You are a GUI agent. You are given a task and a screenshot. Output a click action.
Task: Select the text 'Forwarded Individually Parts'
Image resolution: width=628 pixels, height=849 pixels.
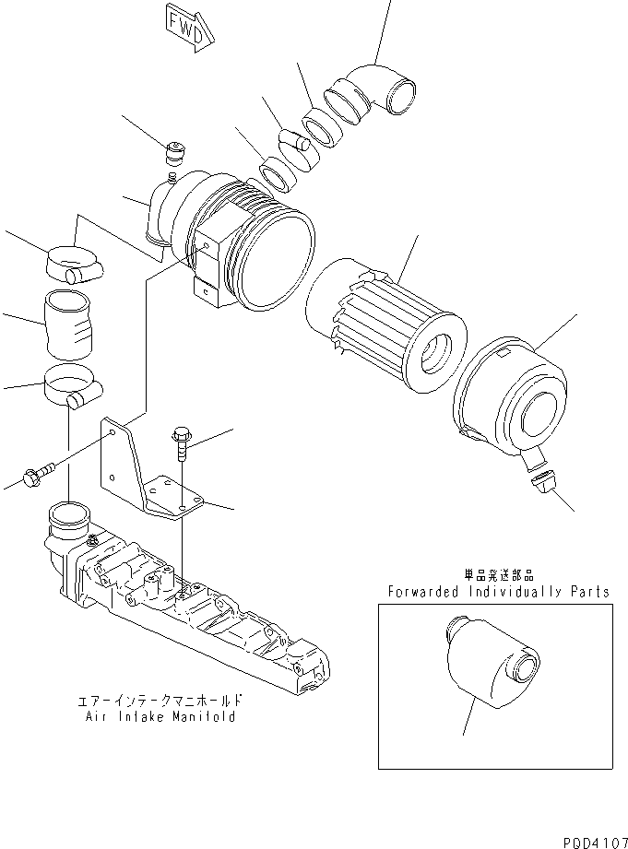click(498, 591)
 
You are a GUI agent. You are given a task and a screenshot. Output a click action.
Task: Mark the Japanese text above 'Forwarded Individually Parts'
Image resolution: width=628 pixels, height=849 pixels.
click(498, 573)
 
